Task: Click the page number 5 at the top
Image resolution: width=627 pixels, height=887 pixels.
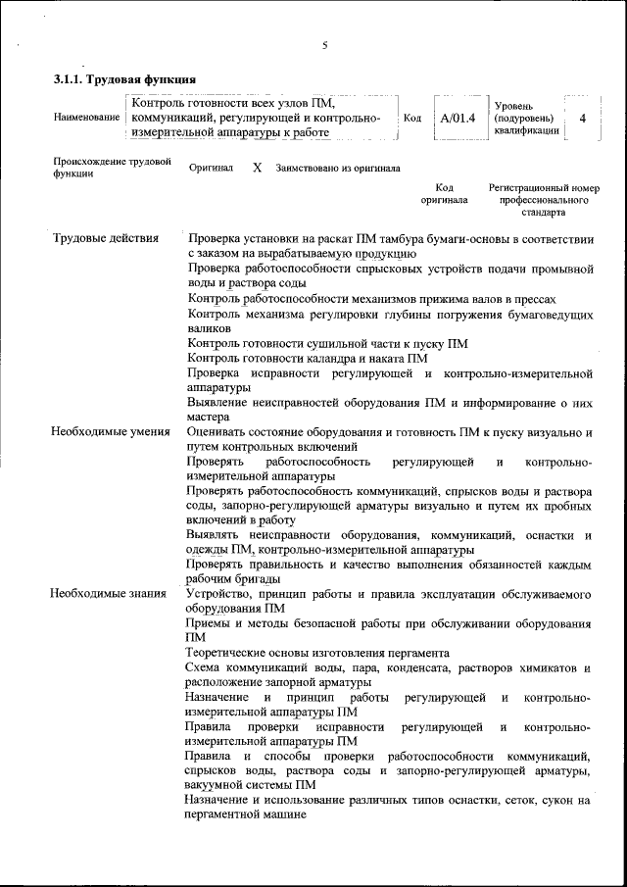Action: tap(323, 44)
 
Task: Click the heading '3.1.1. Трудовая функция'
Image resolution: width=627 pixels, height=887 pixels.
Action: tap(124, 78)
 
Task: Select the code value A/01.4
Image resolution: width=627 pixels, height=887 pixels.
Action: tap(458, 118)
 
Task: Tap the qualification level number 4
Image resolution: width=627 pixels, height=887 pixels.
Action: tap(583, 118)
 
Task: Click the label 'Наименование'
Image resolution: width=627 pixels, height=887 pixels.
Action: tap(88, 118)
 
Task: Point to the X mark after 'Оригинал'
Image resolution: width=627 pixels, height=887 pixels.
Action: tap(257, 168)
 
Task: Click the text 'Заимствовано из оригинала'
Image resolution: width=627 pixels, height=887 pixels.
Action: tap(338, 168)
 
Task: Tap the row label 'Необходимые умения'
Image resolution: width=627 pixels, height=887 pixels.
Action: tap(111, 431)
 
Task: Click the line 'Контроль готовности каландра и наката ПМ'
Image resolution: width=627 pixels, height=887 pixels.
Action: tap(307, 358)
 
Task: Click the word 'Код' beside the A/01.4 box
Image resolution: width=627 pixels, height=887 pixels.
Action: tap(412, 118)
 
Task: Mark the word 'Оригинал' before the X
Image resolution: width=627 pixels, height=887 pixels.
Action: tap(211, 168)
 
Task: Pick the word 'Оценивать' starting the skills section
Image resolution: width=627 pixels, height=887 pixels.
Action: tap(218, 431)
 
